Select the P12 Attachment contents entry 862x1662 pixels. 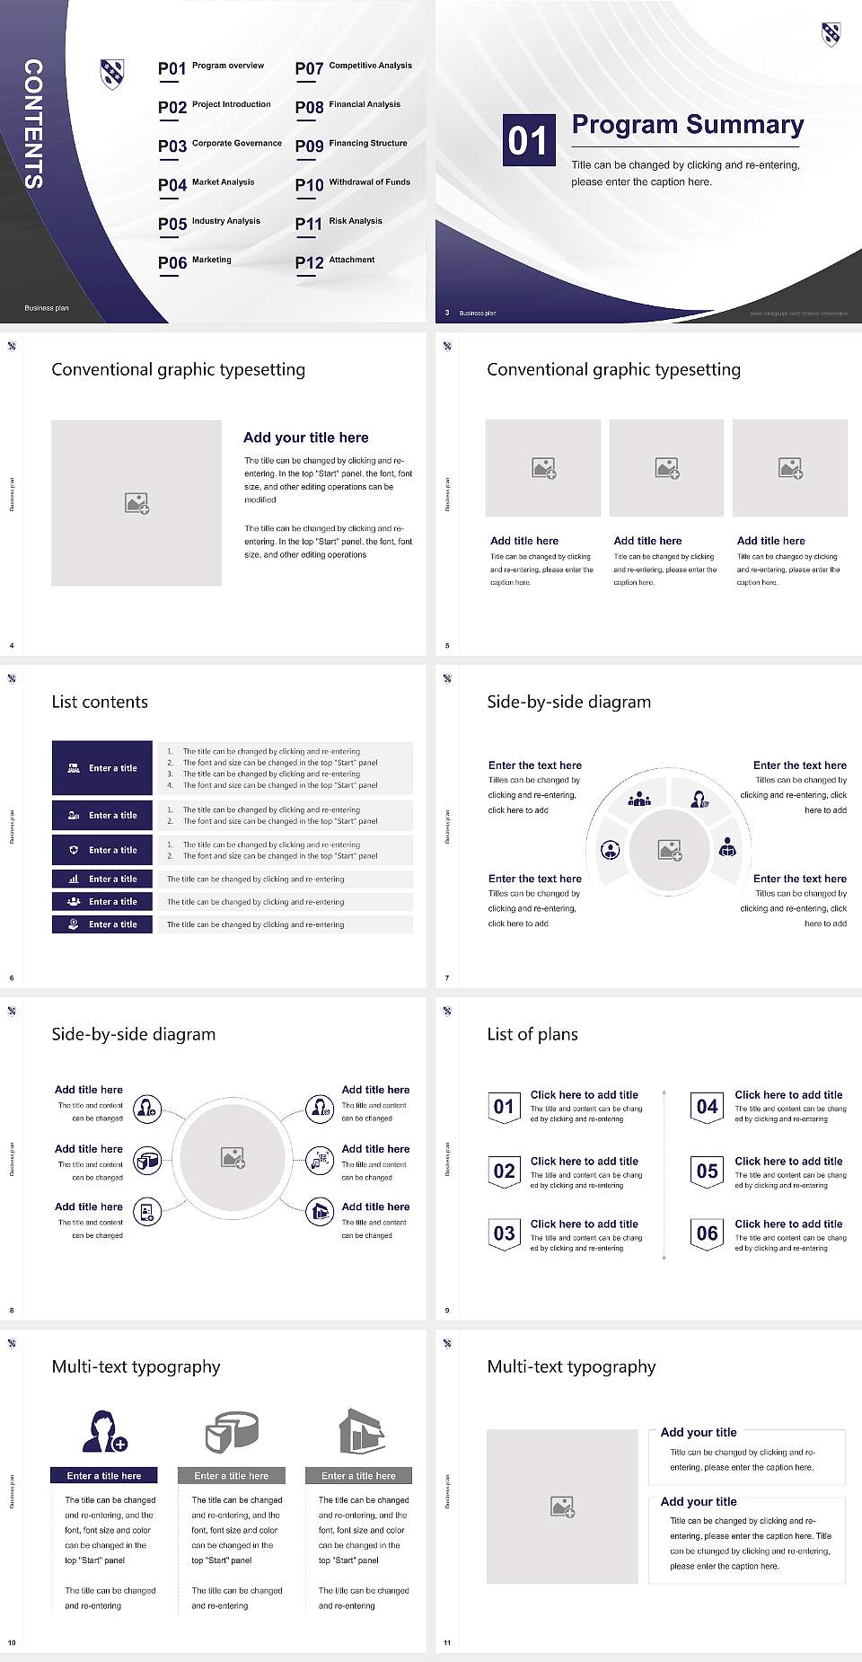tap(335, 261)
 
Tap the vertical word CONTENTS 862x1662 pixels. tap(33, 124)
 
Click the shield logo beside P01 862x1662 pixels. tap(112, 74)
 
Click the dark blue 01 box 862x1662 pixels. tap(528, 140)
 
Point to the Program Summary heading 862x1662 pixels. tap(687, 125)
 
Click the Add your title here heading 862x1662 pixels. tap(305, 438)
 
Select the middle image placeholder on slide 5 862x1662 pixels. tap(666, 468)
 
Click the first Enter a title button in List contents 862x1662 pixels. tap(102, 768)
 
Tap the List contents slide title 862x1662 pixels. tap(100, 702)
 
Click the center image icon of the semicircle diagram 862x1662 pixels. tap(670, 850)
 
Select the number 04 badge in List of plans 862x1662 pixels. tap(707, 1108)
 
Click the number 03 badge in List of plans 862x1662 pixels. tap(504, 1234)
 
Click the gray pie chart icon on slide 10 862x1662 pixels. tap(232, 1431)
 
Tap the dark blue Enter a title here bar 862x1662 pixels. tap(103, 1475)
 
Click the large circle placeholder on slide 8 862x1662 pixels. tap(233, 1158)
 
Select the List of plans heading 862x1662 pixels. tap(532, 1034)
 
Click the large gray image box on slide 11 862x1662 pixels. tap(562, 1507)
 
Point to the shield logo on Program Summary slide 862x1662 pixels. tap(831, 35)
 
